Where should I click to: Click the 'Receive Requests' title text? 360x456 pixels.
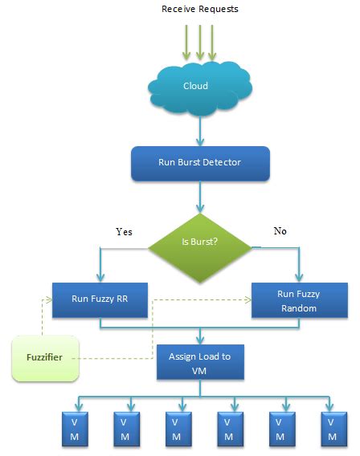pos(199,9)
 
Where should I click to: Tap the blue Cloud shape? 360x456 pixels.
pos(195,86)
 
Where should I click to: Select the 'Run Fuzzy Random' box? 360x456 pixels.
pos(299,302)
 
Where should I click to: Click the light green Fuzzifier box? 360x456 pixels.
pos(46,358)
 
